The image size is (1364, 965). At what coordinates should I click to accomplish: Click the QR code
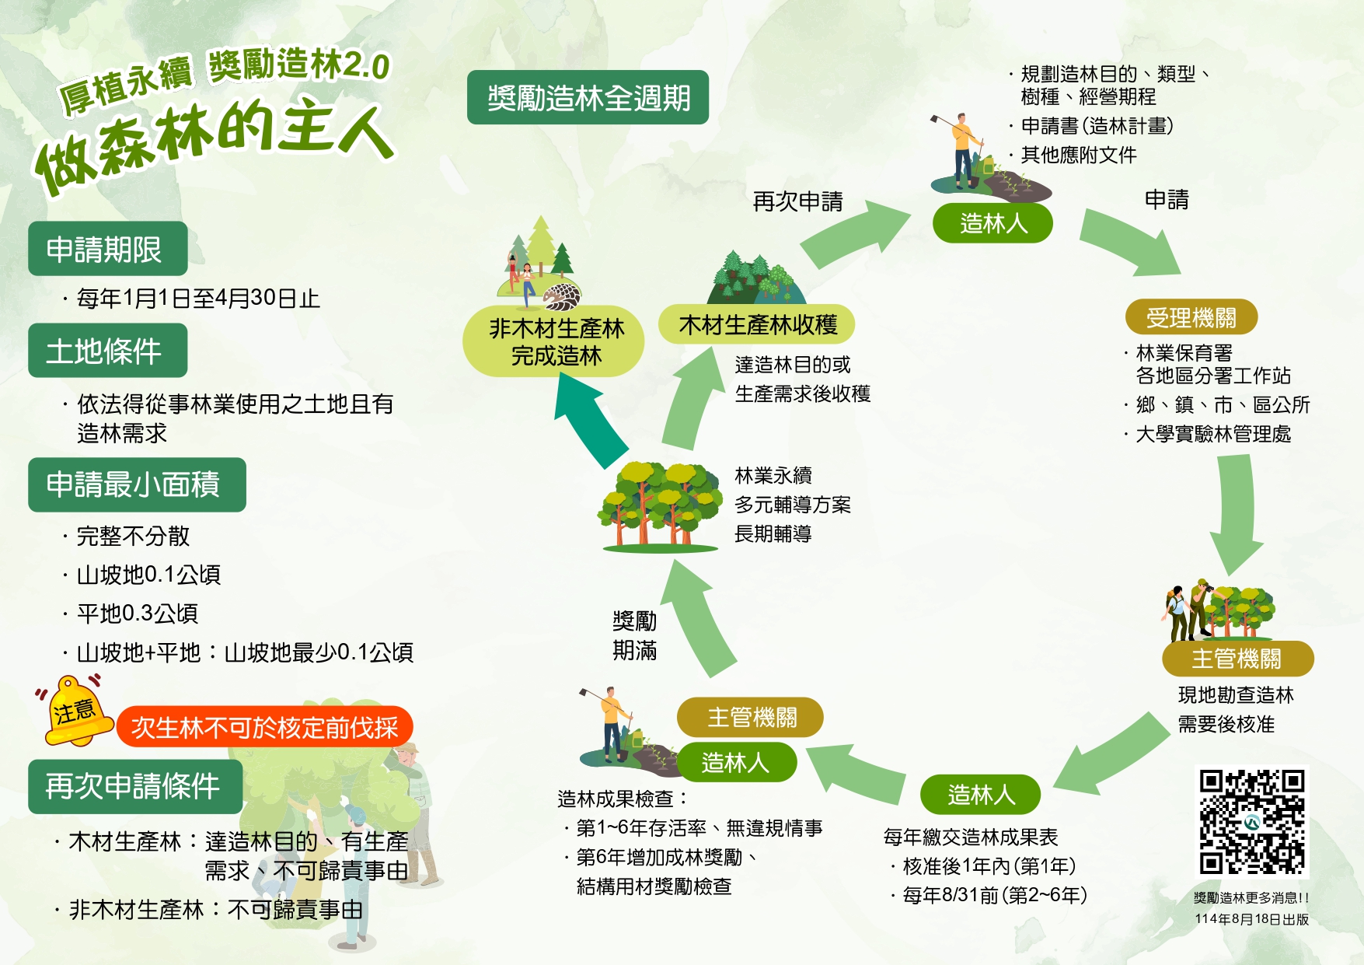coord(1251,822)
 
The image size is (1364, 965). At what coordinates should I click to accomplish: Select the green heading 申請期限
coord(107,249)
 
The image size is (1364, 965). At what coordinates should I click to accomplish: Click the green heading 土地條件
coord(107,351)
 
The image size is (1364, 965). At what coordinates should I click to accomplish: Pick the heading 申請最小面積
coord(137,484)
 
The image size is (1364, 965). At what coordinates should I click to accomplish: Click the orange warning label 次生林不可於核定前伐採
coord(264,727)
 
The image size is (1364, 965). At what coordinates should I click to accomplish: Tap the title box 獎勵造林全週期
coord(588,98)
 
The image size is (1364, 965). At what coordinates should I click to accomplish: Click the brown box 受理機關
coord(1191,317)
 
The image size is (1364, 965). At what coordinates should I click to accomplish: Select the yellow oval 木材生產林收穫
coord(757,324)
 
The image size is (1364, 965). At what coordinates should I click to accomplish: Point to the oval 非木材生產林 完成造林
coord(555,342)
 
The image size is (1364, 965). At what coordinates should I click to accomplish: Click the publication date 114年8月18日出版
coord(1251,919)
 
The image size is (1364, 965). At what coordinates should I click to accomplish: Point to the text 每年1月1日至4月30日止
coord(198,299)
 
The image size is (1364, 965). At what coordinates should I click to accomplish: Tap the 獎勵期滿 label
coord(634,635)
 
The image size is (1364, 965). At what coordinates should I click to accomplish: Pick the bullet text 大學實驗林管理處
coord(1212,434)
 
